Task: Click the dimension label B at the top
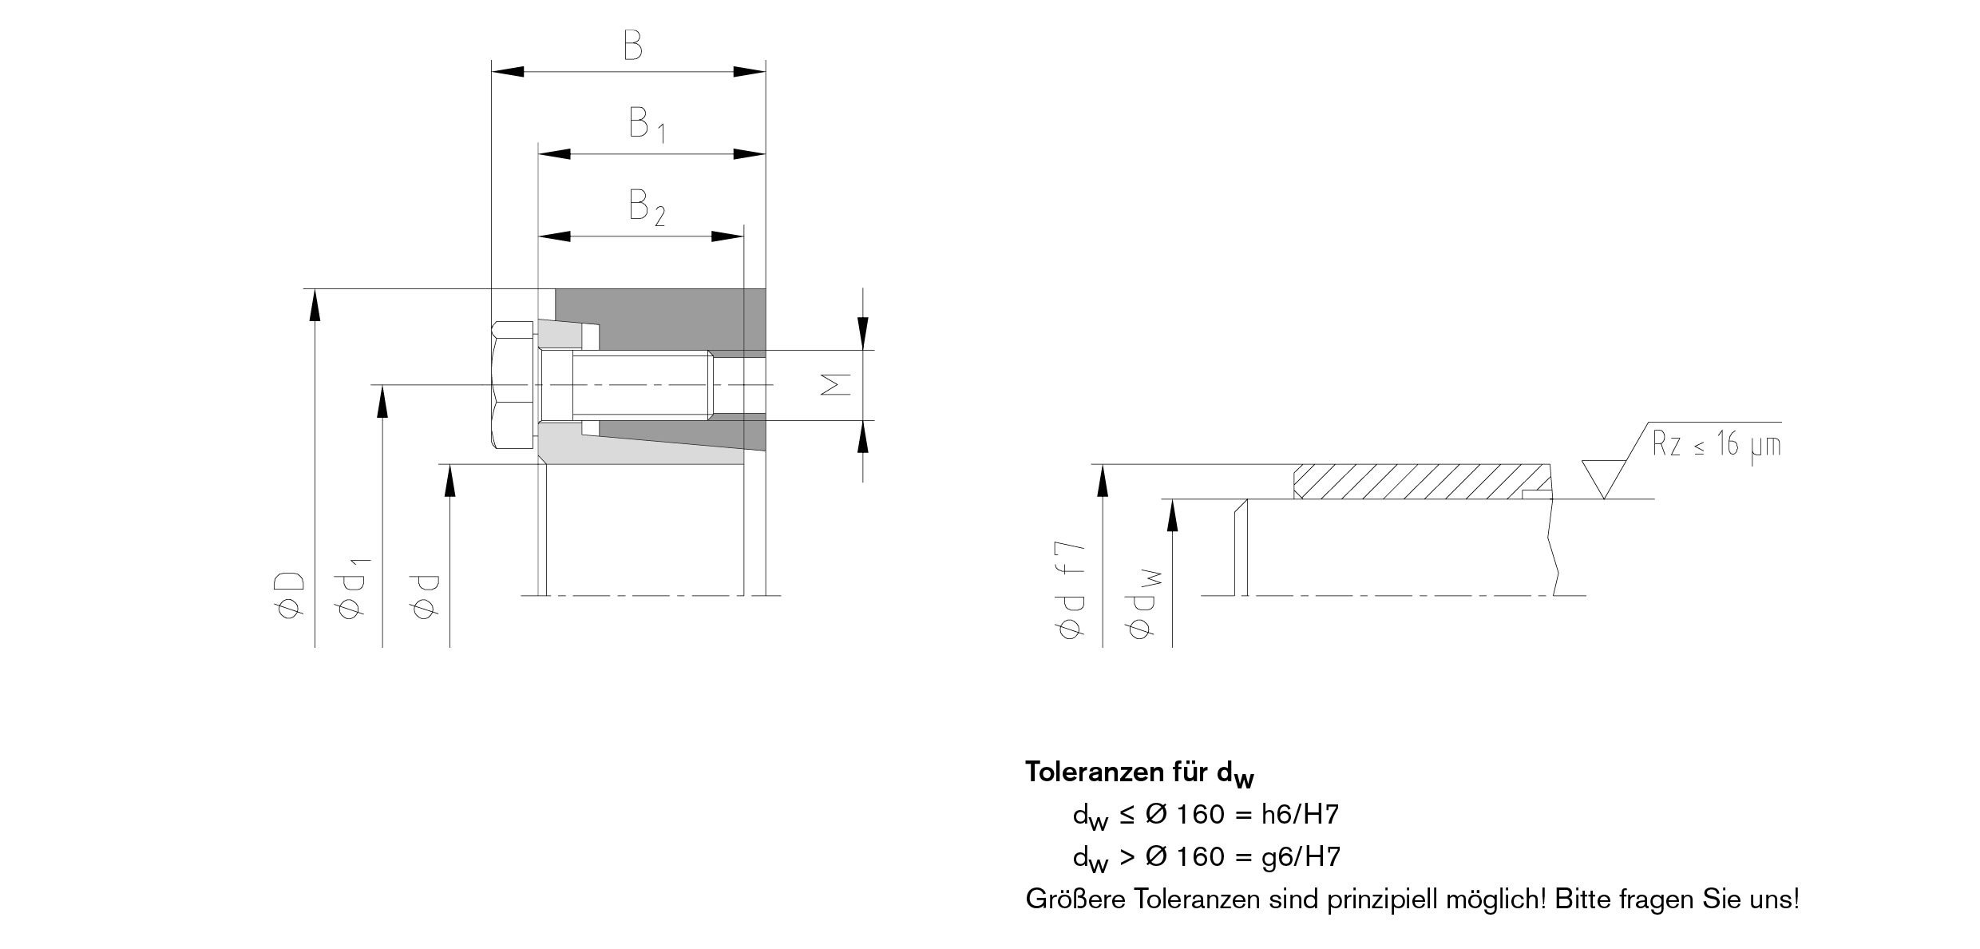[x=632, y=46]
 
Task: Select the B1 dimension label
[x=646, y=125]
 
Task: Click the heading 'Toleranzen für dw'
[x=1139, y=772]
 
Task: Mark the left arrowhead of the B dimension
[x=508, y=71]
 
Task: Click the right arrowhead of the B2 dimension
[x=727, y=236]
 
